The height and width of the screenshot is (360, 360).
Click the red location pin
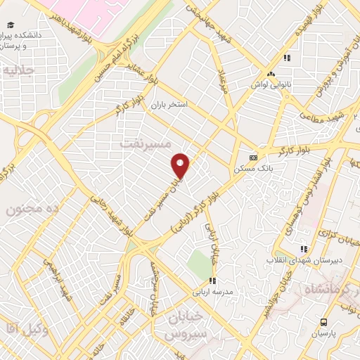pos(181,165)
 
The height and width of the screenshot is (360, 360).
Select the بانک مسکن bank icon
pos(253,157)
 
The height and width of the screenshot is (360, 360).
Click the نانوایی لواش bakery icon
pos(270,74)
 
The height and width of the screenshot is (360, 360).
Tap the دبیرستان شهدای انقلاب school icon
pos(303,249)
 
